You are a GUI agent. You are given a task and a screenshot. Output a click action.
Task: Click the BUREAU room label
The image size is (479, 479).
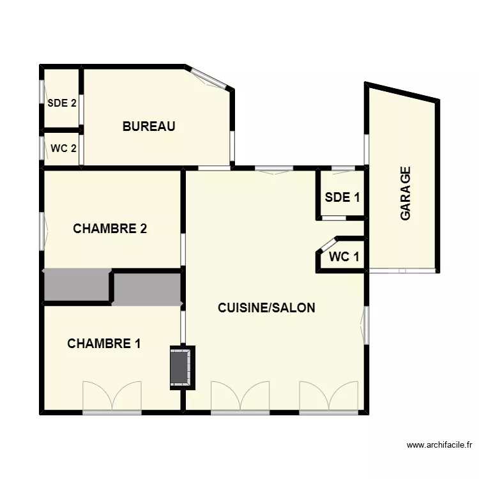click(x=149, y=126)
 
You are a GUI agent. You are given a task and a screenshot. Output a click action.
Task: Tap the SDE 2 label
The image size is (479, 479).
click(x=62, y=102)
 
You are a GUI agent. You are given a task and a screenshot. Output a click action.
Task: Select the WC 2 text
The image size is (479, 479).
click(x=64, y=148)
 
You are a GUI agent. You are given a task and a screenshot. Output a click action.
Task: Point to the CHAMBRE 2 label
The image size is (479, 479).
click(x=110, y=229)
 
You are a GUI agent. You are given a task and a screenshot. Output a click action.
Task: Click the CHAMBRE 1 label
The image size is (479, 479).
click(x=104, y=344)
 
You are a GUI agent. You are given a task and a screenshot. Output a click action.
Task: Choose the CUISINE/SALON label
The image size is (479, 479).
click(x=266, y=308)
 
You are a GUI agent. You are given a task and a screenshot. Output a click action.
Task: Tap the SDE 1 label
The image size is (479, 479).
click(x=342, y=197)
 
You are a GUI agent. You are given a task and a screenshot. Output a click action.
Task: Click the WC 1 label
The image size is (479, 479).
click(x=344, y=257)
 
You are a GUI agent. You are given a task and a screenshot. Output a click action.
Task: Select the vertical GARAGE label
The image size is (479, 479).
click(x=406, y=194)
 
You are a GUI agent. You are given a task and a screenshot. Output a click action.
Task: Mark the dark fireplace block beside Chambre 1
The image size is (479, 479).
click(x=181, y=367)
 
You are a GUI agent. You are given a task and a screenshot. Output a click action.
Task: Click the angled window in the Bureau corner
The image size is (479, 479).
click(x=209, y=79)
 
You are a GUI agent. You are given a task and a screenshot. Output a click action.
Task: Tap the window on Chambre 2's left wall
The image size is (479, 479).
click(x=43, y=231)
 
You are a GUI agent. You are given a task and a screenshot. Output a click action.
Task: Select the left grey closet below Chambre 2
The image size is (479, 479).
click(x=76, y=285)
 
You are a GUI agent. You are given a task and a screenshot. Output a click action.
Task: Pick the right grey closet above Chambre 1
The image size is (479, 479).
click(x=148, y=289)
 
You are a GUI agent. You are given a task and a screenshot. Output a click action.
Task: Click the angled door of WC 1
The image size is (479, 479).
click(x=326, y=245)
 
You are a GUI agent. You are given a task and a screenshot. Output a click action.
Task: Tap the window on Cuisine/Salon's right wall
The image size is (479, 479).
click(x=367, y=325)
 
